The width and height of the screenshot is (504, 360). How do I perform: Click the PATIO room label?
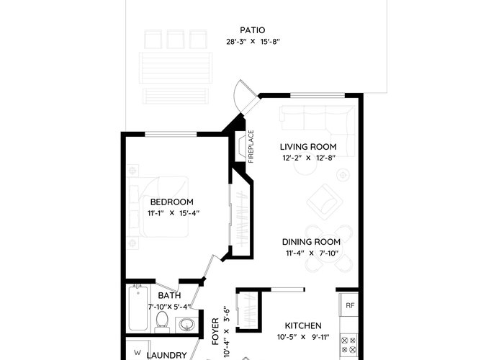253,30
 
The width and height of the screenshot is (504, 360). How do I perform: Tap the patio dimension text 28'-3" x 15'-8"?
253,42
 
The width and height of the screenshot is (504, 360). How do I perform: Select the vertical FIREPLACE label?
251,147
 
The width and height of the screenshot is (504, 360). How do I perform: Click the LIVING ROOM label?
308,147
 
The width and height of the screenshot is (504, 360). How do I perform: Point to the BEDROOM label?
172,202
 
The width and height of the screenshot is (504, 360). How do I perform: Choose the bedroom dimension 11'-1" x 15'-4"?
174,213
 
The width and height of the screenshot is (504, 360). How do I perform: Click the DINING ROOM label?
311,242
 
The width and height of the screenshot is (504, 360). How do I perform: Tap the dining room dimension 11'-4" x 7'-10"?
312,253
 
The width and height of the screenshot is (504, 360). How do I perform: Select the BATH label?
169,295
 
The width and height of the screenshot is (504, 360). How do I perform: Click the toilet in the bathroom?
162,322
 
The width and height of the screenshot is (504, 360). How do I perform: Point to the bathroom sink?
186,324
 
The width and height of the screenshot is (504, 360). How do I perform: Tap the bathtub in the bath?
138,308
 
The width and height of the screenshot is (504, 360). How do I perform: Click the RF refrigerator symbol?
350,305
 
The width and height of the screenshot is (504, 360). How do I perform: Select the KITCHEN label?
303,326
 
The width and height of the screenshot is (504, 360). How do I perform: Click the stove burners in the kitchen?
348,345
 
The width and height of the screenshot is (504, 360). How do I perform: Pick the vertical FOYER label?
215,331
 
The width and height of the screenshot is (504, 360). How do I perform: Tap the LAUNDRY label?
166,355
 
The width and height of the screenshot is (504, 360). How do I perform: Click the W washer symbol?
138,352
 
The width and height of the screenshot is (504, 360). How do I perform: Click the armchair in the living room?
325,202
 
